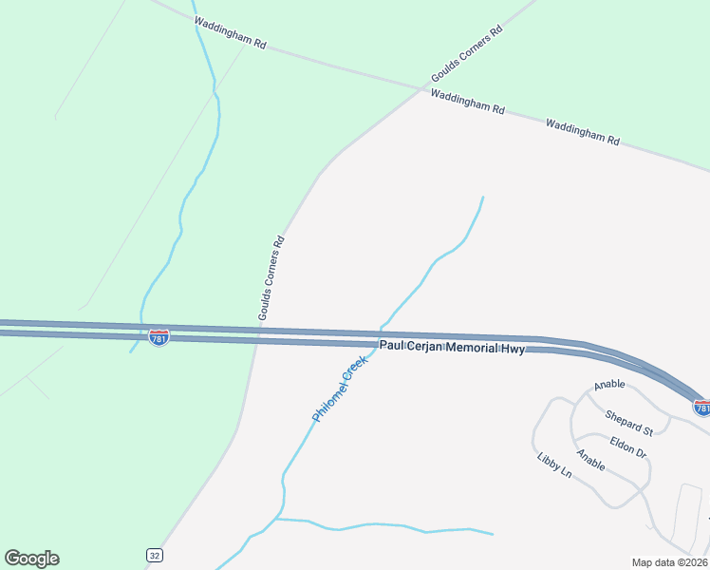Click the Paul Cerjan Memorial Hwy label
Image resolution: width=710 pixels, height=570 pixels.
point(453,349)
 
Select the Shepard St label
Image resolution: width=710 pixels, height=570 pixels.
point(629,423)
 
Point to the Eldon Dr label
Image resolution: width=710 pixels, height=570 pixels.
point(627,446)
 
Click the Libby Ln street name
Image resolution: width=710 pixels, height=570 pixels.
point(554,465)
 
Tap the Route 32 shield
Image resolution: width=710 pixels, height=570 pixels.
point(154,554)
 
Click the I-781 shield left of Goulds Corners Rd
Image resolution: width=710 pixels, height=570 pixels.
point(159,337)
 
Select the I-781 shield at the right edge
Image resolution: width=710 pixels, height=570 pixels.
point(702,408)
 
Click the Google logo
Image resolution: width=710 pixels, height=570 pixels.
point(31,558)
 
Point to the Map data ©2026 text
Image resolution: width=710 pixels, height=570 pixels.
point(657,562)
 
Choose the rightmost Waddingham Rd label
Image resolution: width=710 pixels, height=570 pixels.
point(583,131)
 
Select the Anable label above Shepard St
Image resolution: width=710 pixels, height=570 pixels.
point(610,386)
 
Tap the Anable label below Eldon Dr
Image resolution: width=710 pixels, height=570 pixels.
point(590,463)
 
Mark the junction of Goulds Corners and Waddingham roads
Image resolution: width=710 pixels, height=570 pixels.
point(422,89)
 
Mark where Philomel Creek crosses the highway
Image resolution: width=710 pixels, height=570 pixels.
point(380,337)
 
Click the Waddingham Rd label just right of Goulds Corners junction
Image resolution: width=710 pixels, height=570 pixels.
point(467,102)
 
